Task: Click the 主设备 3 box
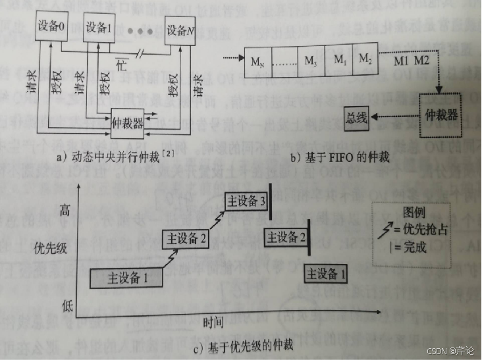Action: [247, 203]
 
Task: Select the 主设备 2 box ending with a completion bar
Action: [284, 238]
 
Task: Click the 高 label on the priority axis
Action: [65, 211]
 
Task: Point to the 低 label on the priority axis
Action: [65, 306]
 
